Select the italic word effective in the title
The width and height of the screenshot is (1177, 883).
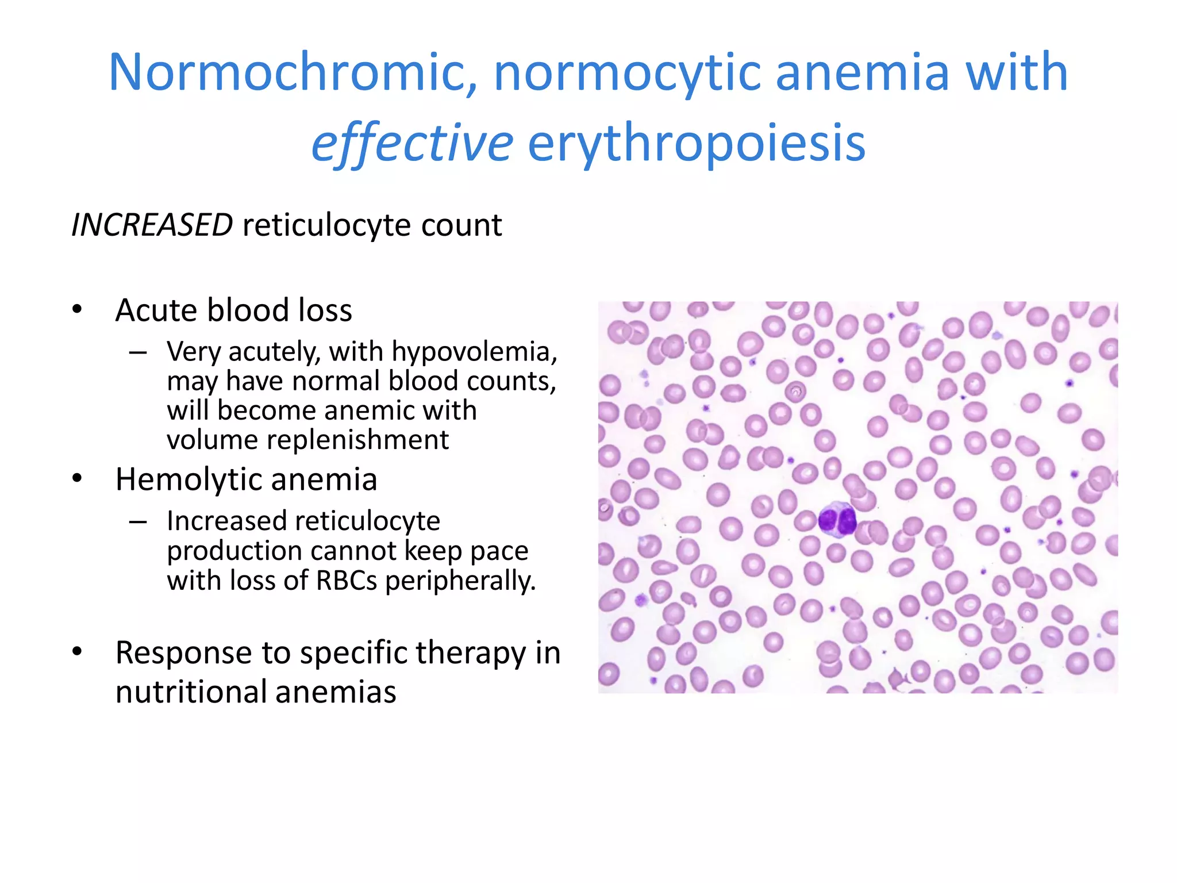tap(411, 143)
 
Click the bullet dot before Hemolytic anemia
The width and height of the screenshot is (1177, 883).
tap(78, 479)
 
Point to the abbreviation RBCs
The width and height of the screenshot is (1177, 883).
tap(347, 581)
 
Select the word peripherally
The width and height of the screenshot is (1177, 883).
tap(460, 581)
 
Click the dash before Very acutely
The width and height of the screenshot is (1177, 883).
tap(138, 352)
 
